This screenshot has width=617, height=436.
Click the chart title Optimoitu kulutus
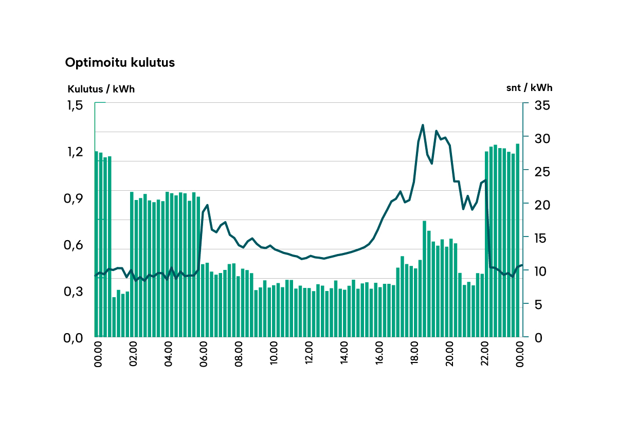120,63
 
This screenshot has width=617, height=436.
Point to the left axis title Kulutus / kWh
101,88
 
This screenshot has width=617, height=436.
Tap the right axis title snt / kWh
529,87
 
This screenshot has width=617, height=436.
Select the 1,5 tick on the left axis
75,105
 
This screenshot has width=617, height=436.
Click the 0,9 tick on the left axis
75,198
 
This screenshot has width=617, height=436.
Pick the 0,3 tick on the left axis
75,292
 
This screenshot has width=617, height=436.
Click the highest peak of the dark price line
423,125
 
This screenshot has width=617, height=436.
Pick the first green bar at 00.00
97,244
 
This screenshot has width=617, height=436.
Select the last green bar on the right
517,240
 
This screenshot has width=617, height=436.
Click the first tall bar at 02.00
132,264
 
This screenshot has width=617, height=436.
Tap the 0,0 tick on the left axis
75,338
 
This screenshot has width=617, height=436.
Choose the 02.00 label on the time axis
134,355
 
